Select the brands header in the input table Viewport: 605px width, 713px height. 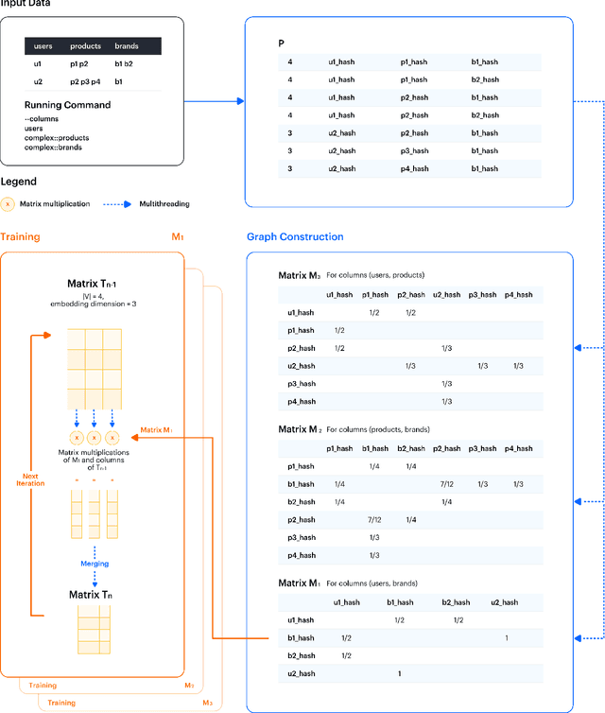click(x=126, y=45)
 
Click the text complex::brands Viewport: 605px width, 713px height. click(x=54, y=147)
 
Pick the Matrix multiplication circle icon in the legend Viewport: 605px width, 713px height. click(x=8, y=203)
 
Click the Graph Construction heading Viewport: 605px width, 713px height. click(x=295, y=236)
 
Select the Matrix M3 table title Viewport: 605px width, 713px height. click(x=300, y=275)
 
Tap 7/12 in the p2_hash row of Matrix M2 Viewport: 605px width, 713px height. click(x=374, y=520)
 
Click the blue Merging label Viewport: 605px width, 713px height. click(x=94, y=565)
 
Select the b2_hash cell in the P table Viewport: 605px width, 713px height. click(x=484, y=79)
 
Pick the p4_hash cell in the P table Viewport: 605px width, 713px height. click(x=413, y=168)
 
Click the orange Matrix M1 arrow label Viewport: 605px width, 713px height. click(x=153, y=429)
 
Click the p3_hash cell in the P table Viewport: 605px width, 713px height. click(x=413, y=150)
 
